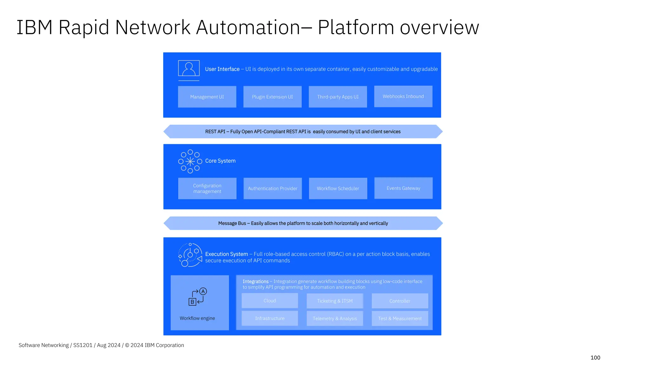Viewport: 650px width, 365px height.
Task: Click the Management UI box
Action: [x=207, y=97]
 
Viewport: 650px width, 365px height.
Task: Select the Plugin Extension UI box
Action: [x=272, y=97]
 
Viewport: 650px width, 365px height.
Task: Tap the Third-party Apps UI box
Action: [x=338, y=97]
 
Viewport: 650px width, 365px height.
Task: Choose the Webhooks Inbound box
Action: [x=403, y=96]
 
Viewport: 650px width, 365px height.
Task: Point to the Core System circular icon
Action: [x=190, y=162]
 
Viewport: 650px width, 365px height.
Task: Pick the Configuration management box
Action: [x=207, y=189]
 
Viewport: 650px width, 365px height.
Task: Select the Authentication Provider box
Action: [x=273, y=189]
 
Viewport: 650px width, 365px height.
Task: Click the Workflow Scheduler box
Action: [x=338, y=189]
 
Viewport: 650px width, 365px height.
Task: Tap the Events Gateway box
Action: [x=403, y=188]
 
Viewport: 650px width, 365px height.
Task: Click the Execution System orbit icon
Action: [x=190, y=255]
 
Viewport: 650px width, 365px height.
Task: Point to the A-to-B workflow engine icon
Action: [x=197, y=297]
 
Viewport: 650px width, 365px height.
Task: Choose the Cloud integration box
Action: [x=270, y=301]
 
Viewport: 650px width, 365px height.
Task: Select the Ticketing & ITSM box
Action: [x=335, y=301]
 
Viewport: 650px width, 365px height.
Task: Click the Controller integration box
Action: [x=400, y=301]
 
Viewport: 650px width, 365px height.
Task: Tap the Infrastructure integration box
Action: [x=270, y=318]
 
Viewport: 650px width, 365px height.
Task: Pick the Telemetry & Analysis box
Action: [x=335, y=318]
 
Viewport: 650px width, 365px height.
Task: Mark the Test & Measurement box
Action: [x=400, y=318]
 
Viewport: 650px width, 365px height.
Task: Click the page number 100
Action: [x=595, y=358]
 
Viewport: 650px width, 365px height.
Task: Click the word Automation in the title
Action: [x=248, y=28]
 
